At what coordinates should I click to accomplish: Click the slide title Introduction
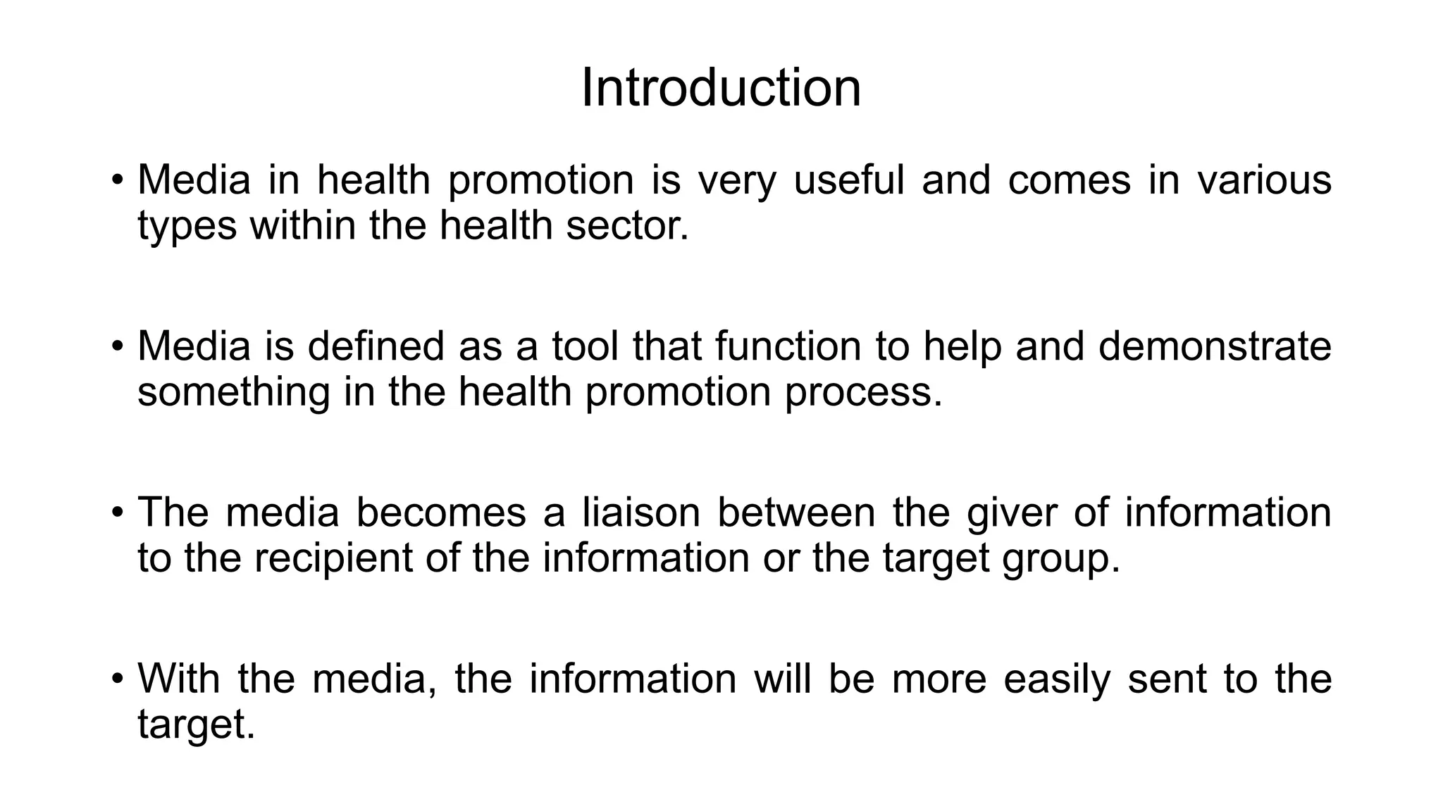(x=721, y=89)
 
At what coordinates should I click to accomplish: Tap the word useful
(x=848, y=180)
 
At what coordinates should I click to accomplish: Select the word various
(x=1265, y=180)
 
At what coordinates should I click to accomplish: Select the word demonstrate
(x=1215, y=346)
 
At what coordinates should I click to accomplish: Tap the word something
(x=233, y=392)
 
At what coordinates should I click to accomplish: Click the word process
(x=863, y=392)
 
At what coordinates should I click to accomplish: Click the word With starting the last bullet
(x=179, y=679)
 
